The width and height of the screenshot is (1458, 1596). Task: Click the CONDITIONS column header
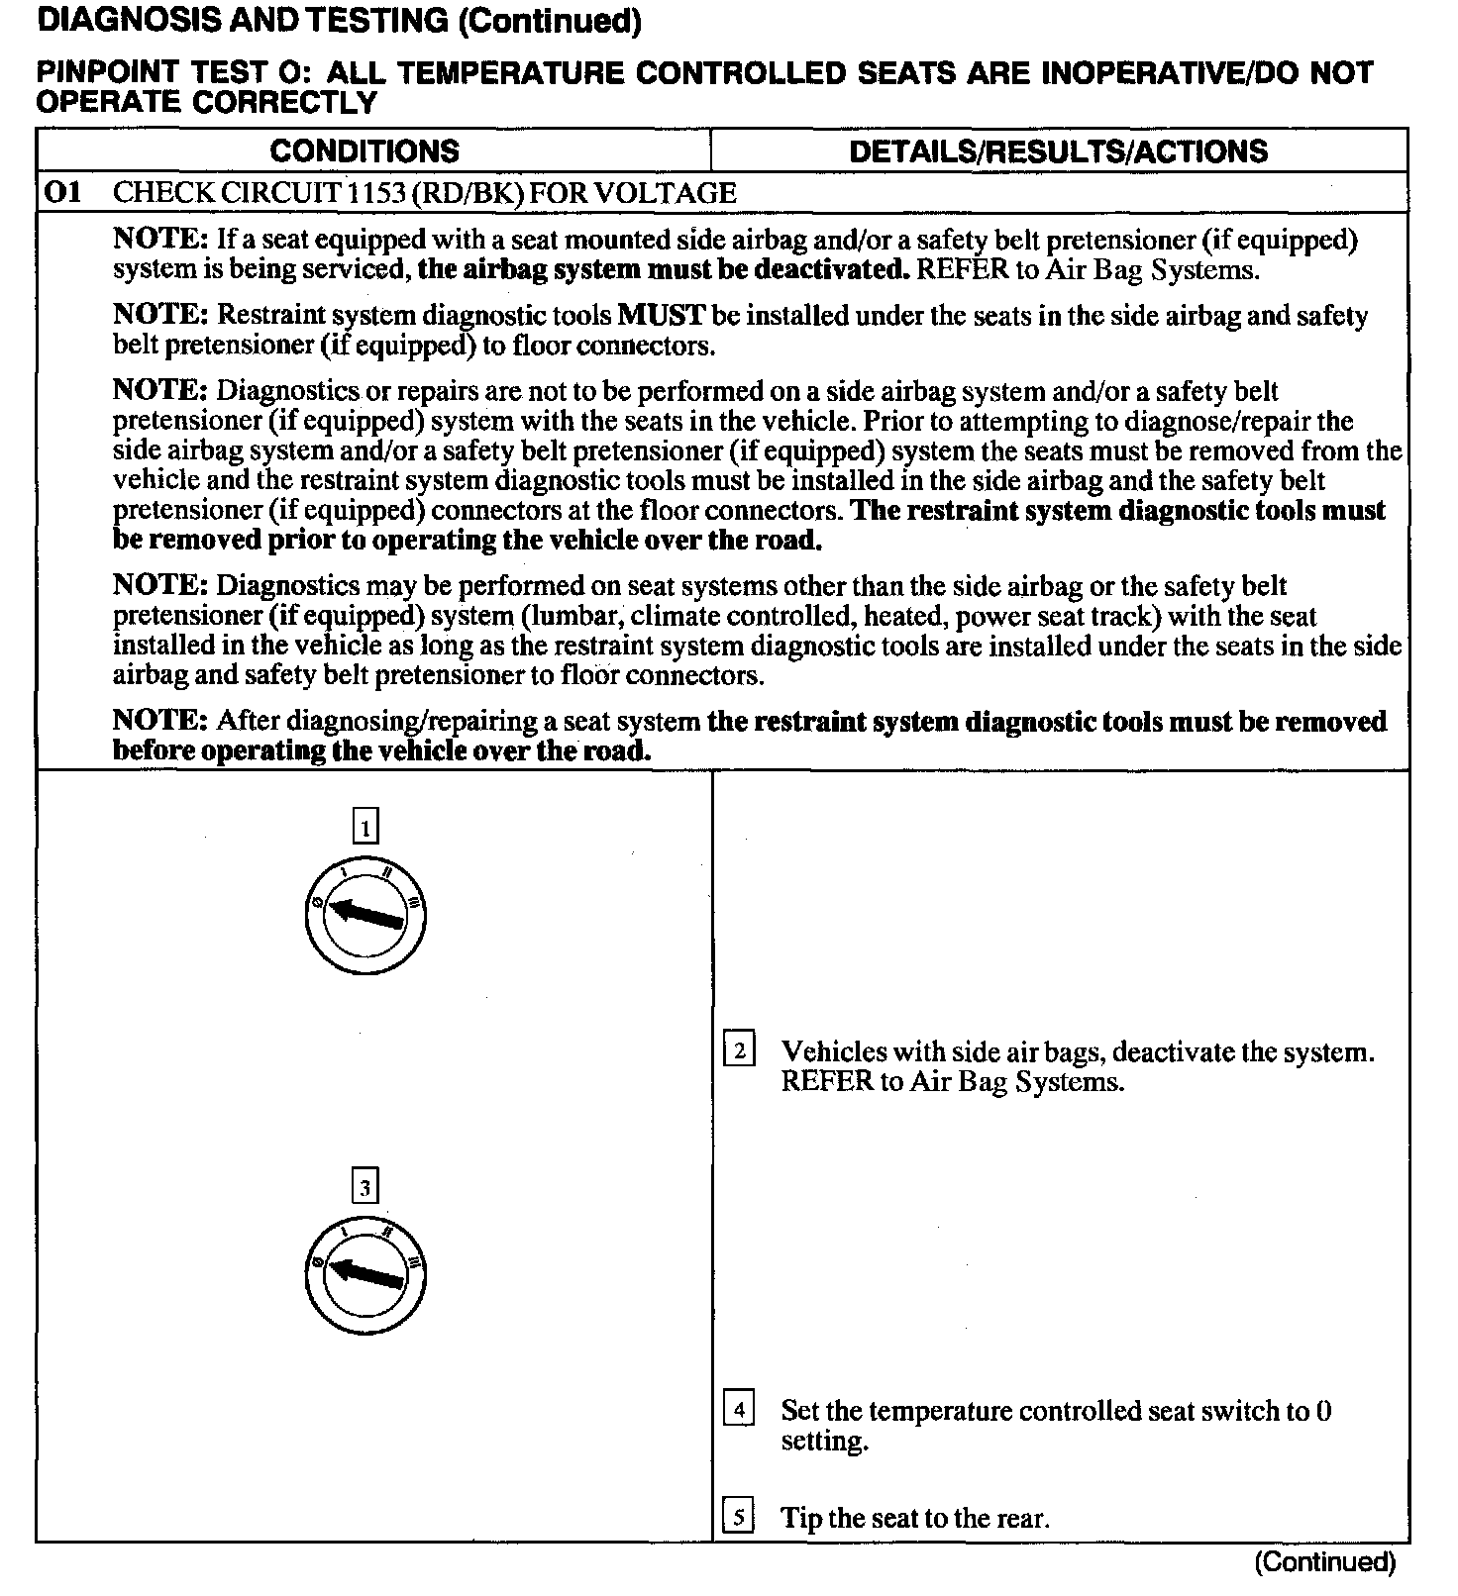pos(364,150)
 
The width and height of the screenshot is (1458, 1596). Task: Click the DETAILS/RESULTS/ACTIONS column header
pos(1058,150)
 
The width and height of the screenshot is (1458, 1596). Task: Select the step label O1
pos(62,192)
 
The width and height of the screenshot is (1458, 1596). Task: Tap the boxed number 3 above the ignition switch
pos(365,1187)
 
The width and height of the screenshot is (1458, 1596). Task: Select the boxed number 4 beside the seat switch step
pos(739,1408)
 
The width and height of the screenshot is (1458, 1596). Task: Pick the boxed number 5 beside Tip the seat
pos(739,1517)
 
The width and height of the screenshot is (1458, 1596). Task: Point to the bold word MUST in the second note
pos(661,316)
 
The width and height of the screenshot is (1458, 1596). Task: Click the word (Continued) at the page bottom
pos(1324,1562)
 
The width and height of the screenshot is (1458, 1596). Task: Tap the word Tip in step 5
pos(800,1518)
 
